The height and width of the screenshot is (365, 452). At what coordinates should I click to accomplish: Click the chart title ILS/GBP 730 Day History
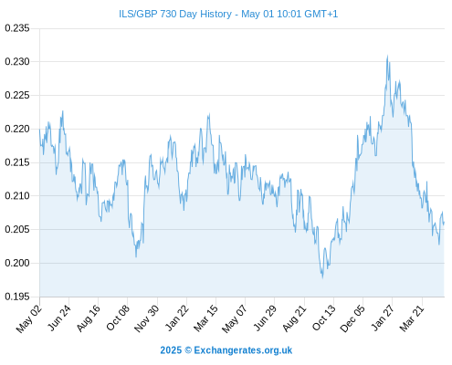point(175,14)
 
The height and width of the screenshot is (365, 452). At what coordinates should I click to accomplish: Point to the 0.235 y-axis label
point(17,28)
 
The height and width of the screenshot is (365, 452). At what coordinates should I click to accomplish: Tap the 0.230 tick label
point(17,62)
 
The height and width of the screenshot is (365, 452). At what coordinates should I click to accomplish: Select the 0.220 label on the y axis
point(17,129)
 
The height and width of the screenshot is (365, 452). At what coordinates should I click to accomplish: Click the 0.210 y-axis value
point(17,196)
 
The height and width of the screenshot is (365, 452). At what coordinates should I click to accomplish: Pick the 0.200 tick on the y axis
point(17,263)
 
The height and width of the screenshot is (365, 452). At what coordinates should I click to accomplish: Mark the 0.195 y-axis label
point(17,297)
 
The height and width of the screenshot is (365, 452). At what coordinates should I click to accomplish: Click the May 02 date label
point(29,318)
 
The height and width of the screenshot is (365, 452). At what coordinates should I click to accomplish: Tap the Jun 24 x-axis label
point(59,318)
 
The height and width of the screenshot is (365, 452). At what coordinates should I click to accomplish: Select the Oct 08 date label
point(118,318)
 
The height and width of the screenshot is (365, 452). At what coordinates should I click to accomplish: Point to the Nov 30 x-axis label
point(147,318)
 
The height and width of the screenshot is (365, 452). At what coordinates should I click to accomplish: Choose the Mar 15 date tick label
point(206,318)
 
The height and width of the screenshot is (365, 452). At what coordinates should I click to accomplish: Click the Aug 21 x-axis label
point(294,318)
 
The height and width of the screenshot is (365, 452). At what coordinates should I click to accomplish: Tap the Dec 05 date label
point(352,318)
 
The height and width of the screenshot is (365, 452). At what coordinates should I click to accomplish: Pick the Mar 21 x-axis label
point(412,318)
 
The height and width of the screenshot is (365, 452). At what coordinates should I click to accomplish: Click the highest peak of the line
point(387,56)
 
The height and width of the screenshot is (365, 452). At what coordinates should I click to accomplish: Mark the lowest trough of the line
point(322,277)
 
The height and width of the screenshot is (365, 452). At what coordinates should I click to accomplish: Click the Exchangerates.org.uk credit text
point(243,350)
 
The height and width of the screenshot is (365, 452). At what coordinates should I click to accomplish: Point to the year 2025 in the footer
point(171,350)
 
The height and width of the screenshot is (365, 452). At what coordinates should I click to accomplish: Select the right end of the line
point(444,223)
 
